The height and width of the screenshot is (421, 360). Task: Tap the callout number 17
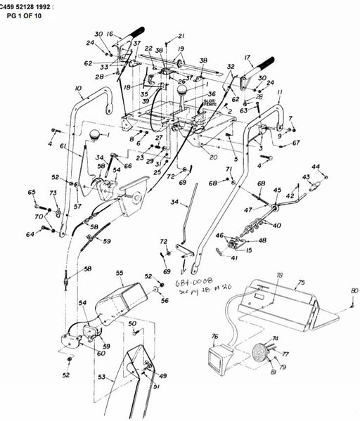247,58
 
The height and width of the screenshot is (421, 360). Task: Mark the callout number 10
79,89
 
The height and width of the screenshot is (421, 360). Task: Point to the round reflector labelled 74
261,352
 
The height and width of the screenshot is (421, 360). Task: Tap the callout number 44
315,167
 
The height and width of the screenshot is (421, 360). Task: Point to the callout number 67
296,143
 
